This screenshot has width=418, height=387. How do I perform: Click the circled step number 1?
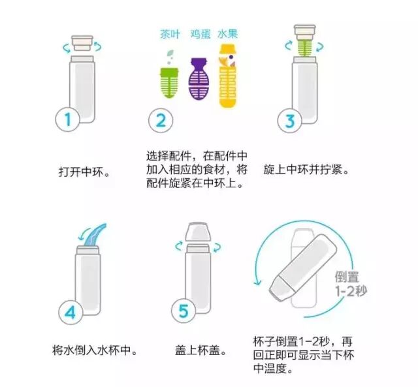coord(67,119)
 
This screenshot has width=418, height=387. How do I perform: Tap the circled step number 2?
coord(161,120)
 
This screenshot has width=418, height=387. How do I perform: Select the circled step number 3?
coord(290,120)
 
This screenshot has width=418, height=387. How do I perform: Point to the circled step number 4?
coord(71,312)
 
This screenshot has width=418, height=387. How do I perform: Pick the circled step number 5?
coord(184,311)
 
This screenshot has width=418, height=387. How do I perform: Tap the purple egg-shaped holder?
coord(199,79)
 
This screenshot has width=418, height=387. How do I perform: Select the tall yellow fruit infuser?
coord(227,76)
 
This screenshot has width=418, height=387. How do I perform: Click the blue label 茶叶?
coord(170,35)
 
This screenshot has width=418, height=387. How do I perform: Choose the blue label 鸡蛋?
coord(201,35)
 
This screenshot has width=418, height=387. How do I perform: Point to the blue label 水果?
coord(227,34)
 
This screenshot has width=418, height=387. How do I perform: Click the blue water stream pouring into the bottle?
coord(95,236)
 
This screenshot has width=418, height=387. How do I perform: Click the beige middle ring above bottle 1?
coord(82,43)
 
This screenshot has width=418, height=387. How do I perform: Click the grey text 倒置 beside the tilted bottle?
coord(347,277)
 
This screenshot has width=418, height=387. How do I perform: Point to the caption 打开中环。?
coord(84,172)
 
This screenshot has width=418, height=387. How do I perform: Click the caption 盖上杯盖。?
coord(201,350)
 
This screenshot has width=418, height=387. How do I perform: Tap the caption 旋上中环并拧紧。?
coord(306,170)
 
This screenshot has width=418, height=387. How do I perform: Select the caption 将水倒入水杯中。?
coord(95,350)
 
